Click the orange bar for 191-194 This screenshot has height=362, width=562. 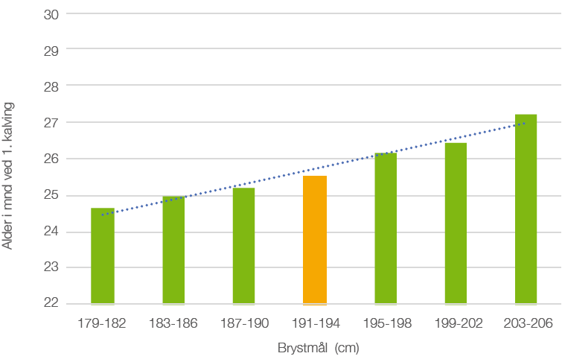point(315,240)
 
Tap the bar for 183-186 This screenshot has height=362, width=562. point(173,250)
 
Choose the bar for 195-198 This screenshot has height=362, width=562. point(386,228)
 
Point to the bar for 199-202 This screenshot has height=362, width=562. point(456,223)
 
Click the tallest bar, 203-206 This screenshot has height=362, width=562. point(526,209)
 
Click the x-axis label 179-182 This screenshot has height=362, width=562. point(103,323)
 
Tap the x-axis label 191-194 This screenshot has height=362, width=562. point(315,323)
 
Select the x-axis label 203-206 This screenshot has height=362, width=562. point(526,323)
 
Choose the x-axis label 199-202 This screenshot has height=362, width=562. point(456,323)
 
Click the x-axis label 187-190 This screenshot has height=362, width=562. point(243,323)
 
